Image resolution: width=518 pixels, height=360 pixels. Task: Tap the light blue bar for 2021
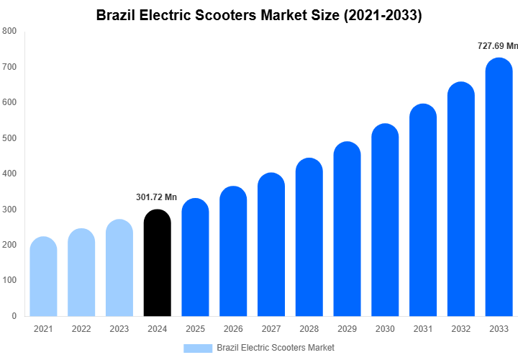tap(43, 276)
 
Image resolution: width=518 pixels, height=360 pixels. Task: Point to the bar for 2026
tap(233, 251)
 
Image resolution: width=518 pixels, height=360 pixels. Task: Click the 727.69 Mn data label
tap(497, 46)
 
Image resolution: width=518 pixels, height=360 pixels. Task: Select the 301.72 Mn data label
tap(156, 197)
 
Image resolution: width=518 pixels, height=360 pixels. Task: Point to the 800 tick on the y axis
tap(9, 32)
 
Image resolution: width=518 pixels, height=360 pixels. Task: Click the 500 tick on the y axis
tap(9, 138)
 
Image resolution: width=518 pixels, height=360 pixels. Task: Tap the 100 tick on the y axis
tap(9, 280)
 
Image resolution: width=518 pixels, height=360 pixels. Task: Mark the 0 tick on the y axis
tap(14, 316)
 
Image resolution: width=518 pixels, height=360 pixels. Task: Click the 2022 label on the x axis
tap(81, 329)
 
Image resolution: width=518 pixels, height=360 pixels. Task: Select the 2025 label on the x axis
tap(195, 329)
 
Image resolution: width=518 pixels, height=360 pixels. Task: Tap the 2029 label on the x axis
tap(347, 329)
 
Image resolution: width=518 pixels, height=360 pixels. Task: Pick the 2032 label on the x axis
tap(461, 329)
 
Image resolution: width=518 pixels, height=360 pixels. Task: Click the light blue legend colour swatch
tap(198, 348)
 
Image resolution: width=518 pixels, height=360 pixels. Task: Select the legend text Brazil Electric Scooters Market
tap(276, 348)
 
